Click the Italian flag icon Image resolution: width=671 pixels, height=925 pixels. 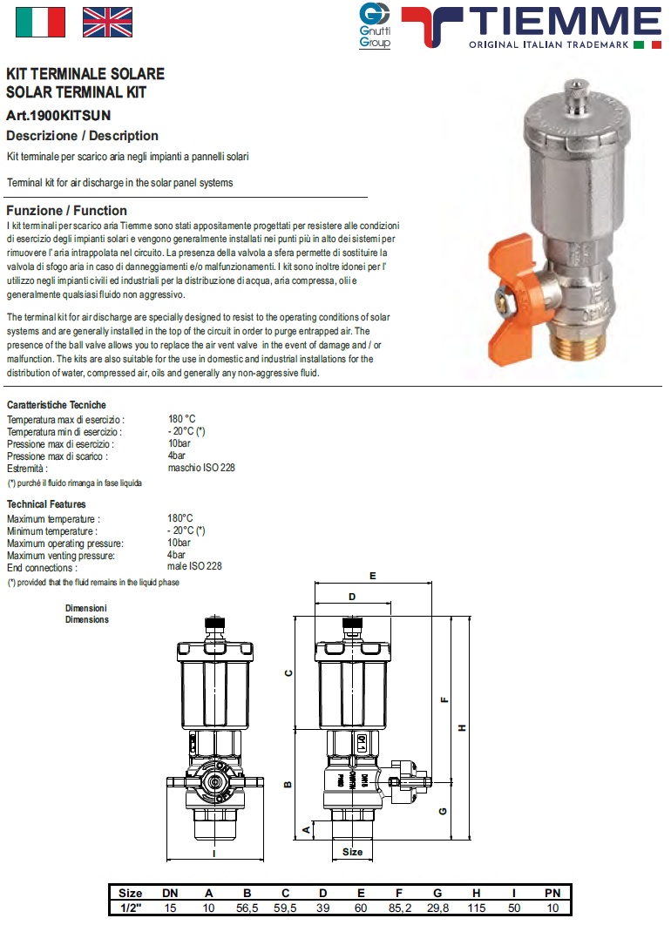coord(40,22)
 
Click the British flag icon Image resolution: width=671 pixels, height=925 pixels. coord(107,22)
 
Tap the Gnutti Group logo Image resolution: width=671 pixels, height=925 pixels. coord(375,24)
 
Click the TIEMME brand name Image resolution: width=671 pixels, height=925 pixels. coord(564,20)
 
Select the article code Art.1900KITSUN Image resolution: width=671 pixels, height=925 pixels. coord(58,115)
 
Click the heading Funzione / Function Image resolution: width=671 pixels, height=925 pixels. coord(66,211)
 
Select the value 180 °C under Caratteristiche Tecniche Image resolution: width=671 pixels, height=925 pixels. coord(182,419)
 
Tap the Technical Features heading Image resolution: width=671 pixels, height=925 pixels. coord(46,504)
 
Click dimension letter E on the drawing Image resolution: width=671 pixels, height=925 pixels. coord(372,577)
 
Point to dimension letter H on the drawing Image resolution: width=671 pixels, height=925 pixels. coord(463,728)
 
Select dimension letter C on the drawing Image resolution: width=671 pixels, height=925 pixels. coord(288,672)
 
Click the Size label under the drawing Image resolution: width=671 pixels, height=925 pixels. coord(352,852)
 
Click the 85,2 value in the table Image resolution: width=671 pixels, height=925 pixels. coord(398,908)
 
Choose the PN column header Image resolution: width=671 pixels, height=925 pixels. coord(552,893)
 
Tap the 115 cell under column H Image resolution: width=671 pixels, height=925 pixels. coord(476,908)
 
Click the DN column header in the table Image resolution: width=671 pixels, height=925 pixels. coord(170,893)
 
